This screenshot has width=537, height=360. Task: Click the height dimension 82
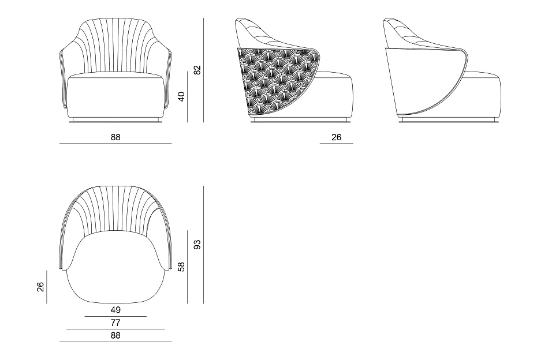coord(197,70)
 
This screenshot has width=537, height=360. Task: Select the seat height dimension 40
coord(181,96)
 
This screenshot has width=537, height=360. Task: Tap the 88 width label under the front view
coord(115,137)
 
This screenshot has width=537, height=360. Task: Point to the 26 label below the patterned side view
coord(336,137)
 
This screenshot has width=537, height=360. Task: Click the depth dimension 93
coord(197,245)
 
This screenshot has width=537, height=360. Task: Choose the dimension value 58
coord(181,267)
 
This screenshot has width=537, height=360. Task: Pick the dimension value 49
coord(115,310)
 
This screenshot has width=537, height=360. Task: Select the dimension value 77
coord(115,322)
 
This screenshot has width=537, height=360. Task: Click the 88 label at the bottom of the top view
coord(115,335)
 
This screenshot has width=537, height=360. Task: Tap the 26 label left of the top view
coord(40,287)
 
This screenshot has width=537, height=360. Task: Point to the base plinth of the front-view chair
coord(115,120)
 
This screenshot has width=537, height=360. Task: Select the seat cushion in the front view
coord(115,96)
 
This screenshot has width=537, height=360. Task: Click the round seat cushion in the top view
coord(115,267)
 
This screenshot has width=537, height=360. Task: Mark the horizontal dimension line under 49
coord(115,317)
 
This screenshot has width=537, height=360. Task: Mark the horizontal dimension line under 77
coord(115,329)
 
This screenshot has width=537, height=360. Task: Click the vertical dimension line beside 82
coord(203,70)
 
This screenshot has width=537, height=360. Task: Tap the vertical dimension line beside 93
coord(203,245)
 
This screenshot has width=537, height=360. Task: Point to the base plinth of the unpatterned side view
coord(449,120)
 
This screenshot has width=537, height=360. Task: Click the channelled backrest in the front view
coord(115,45)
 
